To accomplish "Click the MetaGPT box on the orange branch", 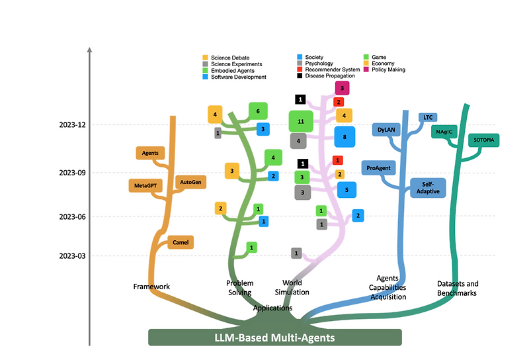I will click(145, 185).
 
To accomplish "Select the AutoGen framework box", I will click(191, 181).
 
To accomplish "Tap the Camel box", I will click(181, 242).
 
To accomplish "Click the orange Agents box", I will click(151, 153).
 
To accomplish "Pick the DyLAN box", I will click(386, 130).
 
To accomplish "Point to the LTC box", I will click(427, 118).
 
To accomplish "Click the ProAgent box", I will click(378, 168).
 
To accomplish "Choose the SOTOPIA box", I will click(484, 140).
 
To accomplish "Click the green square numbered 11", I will click(301, 122).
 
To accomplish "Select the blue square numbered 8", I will click(345, 137).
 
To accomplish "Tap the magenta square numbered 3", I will click(342, 87).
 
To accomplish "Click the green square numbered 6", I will click(258, 111).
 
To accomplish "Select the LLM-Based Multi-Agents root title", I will click(275, 337).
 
